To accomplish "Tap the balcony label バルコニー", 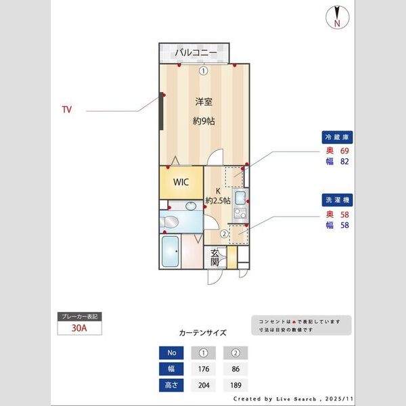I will tap(196, 52).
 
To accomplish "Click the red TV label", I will tap(66, 109).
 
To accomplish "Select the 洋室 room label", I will tap(204, 102).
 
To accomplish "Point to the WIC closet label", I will tap(181, 182).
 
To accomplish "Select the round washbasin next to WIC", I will tap(191, 205).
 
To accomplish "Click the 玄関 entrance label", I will tap(215, 257).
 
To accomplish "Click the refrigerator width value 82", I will tap(344, 162).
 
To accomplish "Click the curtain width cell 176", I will tap(204, 369).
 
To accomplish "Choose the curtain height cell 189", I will tap(235, 386).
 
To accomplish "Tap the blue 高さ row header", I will tap(171, 386).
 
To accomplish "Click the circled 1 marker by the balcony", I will tap(203, 70).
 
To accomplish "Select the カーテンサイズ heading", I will tap(202, 333).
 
